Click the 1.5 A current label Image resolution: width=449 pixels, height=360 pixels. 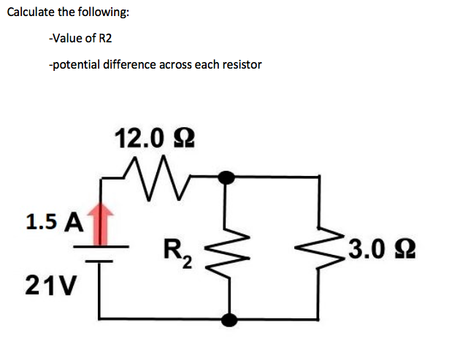coord(53,221)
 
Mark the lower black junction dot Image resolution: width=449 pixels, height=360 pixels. coord(230,318)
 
